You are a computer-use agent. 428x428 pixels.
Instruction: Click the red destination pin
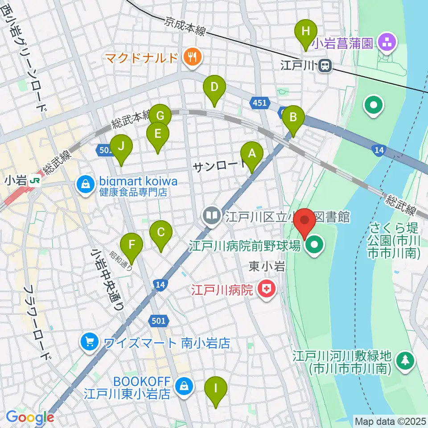pos(305,222)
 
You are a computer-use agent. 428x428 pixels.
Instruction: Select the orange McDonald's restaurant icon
pos(193,57)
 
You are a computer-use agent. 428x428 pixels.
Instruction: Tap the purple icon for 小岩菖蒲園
pos(386,43)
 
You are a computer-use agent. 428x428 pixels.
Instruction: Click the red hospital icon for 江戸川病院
pos(267,291)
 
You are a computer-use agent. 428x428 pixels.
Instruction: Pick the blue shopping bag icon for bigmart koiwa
pos(84,183)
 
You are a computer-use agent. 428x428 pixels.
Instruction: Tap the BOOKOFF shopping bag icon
pos(183,386)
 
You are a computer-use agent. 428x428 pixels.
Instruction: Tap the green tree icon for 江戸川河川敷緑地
pos(405,359)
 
